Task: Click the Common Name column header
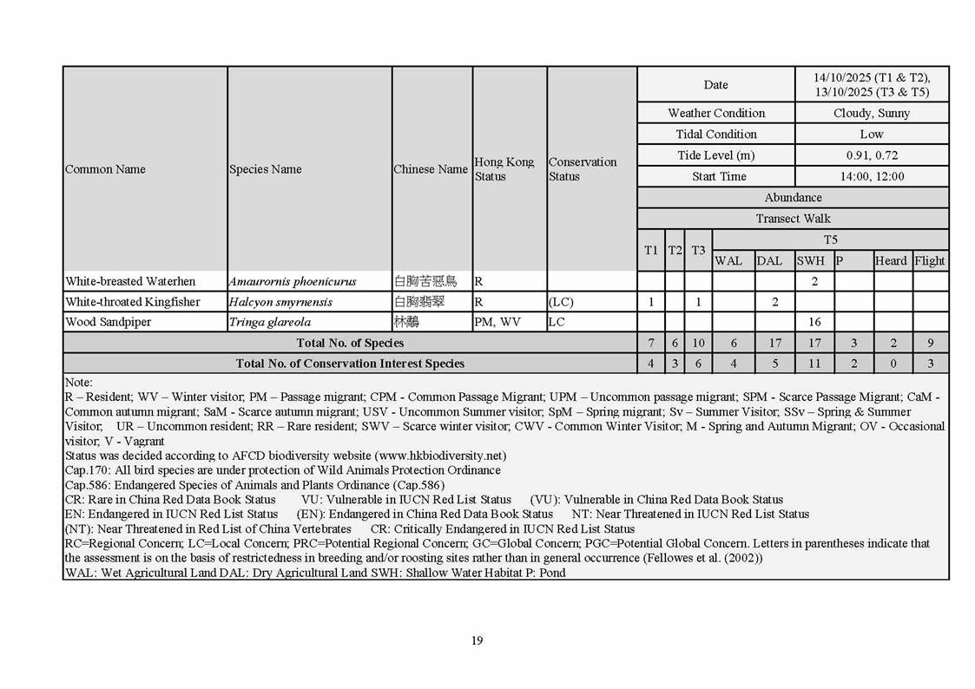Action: click(105, 169)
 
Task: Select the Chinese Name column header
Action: click(431, 169)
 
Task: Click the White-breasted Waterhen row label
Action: click(130, 281)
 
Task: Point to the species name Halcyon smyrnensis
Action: click(280, 302)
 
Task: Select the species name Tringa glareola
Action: click(270, 322)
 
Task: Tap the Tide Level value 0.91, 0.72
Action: click(872, 155)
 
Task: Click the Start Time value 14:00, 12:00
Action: click(872, 176)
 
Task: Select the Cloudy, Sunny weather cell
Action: click(872, 113)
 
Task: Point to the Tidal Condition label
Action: click(716, 135)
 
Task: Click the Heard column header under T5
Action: click(891, 260)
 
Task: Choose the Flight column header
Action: click(930, 260)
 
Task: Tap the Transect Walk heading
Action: click(793, 219)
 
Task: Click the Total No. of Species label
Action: click(350, 343)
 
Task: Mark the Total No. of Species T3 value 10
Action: click(698, 343)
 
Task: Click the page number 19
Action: click(477, 640)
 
